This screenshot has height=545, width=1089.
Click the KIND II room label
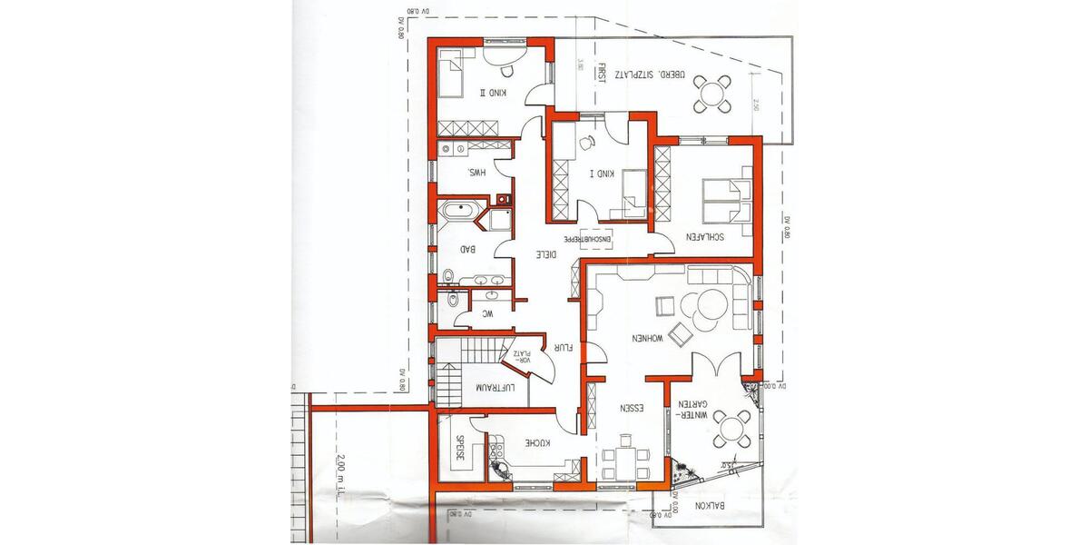(495, 94)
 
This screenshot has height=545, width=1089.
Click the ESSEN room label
(627, 408)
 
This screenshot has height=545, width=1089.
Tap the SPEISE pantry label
(459, 451)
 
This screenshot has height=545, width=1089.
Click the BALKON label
(706, 506)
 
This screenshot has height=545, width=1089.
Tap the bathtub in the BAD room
(462, 213)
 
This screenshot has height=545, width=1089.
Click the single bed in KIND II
(450, 72)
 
